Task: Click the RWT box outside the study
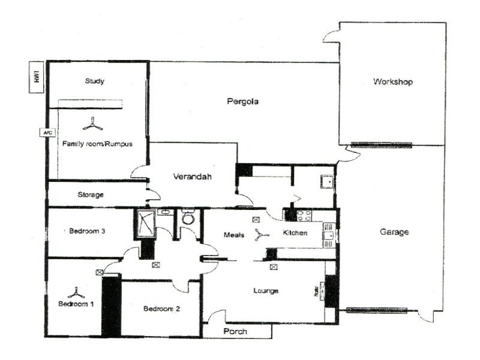tap(37, 78)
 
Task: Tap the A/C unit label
tap(46, 133)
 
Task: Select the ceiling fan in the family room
tap(92, 124)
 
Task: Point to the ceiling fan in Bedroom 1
tap(76, 293)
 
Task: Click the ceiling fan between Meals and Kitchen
tap(260, 235)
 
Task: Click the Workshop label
tap(393, 82)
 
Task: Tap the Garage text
tap(394, 232)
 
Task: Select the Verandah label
tap(193, 176)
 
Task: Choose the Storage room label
tap(91, 195)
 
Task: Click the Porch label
tap(235, 331)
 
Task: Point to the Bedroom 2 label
tap(161, 309)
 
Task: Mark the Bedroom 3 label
tap(88, 231)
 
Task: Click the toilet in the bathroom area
tap(188, 218)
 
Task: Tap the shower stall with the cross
tap(145, 223)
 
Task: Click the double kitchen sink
tap(329, 236)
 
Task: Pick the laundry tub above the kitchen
tap(326, 181)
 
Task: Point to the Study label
tap(95, 81)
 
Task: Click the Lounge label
tap(266, 291)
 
